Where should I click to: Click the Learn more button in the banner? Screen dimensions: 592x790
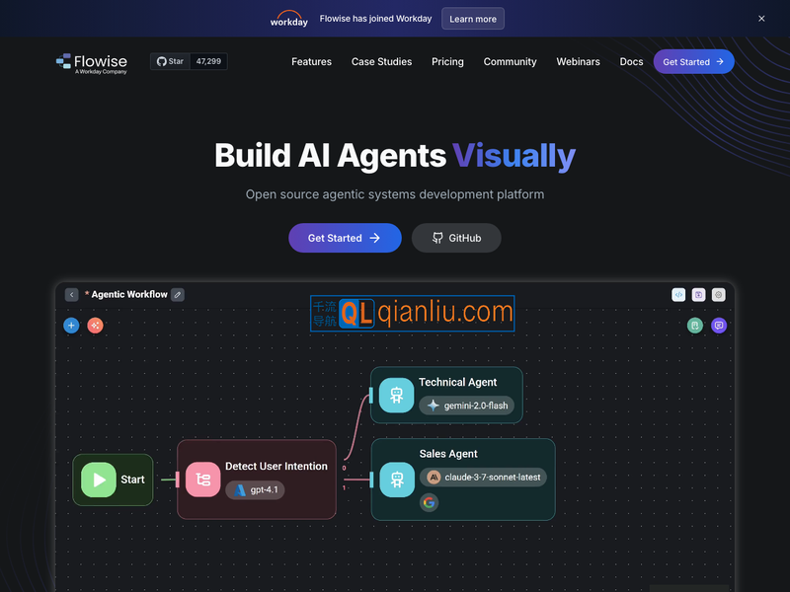(473, 19)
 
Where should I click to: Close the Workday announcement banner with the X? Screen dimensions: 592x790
(761, 19)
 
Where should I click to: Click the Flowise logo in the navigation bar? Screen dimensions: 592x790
(92, 62)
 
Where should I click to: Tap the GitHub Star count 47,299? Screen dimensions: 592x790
(208, 61)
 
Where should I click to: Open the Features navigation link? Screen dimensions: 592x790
(311, 61)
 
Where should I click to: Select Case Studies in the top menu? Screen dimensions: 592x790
(381, 61)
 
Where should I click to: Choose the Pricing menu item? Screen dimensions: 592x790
(447, 61)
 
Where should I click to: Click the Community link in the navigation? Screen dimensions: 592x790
(510, 61)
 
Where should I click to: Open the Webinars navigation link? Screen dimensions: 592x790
(578, 61)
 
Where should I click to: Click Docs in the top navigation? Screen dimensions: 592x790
(631, 61)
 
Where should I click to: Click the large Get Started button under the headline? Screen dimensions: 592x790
(345, 238)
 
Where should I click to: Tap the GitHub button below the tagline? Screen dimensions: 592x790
(456, 238)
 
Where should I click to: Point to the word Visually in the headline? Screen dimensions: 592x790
(513, 156)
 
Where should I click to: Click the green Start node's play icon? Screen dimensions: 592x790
(99, 480)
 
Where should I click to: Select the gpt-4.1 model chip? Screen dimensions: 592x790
(255, 489)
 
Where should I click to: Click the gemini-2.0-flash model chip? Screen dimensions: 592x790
(467, 406)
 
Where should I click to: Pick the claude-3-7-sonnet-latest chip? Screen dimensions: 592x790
(483, 477)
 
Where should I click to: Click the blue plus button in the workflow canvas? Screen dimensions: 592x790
(71, 325)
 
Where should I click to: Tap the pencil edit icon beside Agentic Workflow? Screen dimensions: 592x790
(178, 294)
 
